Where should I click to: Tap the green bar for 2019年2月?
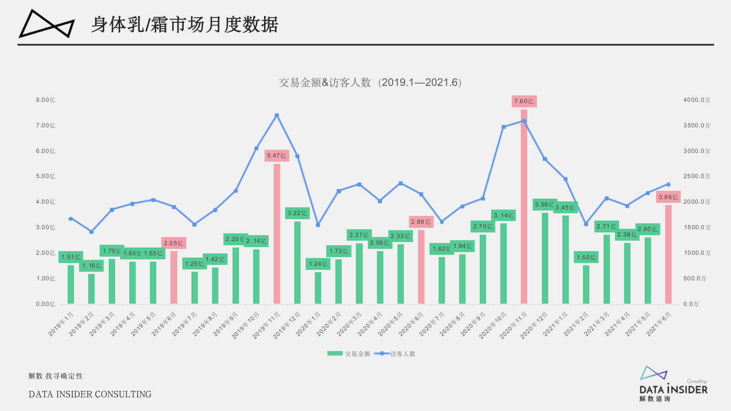coord(91,289)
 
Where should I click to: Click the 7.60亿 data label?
coord(524,101)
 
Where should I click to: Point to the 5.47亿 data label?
coord(276,156)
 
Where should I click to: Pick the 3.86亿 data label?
coord(668,197)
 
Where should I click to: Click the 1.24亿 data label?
coord(318,264)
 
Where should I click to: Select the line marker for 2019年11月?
coord(276,116)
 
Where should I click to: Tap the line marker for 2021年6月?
coord(668,184)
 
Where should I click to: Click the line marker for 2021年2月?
coord(586,224)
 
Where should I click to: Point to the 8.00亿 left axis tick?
coord(46,100)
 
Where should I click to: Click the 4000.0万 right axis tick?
coord(697,100)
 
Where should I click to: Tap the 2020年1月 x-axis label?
coord(308,324)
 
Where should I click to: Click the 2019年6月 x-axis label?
coord(164,324)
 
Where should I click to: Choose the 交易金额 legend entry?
coord(349,354)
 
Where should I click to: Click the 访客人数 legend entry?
coord(395,354)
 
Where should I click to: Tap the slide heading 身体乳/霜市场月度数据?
coord(185,25)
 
